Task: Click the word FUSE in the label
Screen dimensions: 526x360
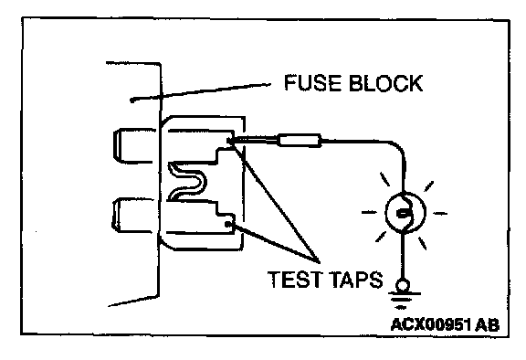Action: [x=312, y=82]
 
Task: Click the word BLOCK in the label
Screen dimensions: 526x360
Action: [x=385, y=83]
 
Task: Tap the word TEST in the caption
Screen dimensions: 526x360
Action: [x=295, y=280]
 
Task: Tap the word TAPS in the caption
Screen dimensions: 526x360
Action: [x=355, y=280]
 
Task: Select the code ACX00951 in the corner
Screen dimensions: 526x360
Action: [x=432, y=324]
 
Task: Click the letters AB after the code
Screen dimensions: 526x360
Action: [x=488, y=324]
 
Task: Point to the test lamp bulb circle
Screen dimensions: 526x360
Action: [x=405, y=213]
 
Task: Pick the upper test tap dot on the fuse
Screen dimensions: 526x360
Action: [x=229, y=141]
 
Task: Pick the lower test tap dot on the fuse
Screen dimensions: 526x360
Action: [x=228, y=224]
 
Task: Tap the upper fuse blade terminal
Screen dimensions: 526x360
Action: [x=134, y=145]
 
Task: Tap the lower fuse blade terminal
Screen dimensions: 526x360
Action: [x=132, y=216]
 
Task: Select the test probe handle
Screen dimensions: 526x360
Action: [x=300, y=140]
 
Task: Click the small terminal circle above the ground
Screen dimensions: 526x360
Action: [x=403, y=285]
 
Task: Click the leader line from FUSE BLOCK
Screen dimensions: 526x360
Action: [x=200, y=92]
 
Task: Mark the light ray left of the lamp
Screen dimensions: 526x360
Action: [x=369, y=212]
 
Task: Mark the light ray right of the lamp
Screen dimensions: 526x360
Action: [x=440, y=213]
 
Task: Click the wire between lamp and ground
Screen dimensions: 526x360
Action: [x=403, y=256]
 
